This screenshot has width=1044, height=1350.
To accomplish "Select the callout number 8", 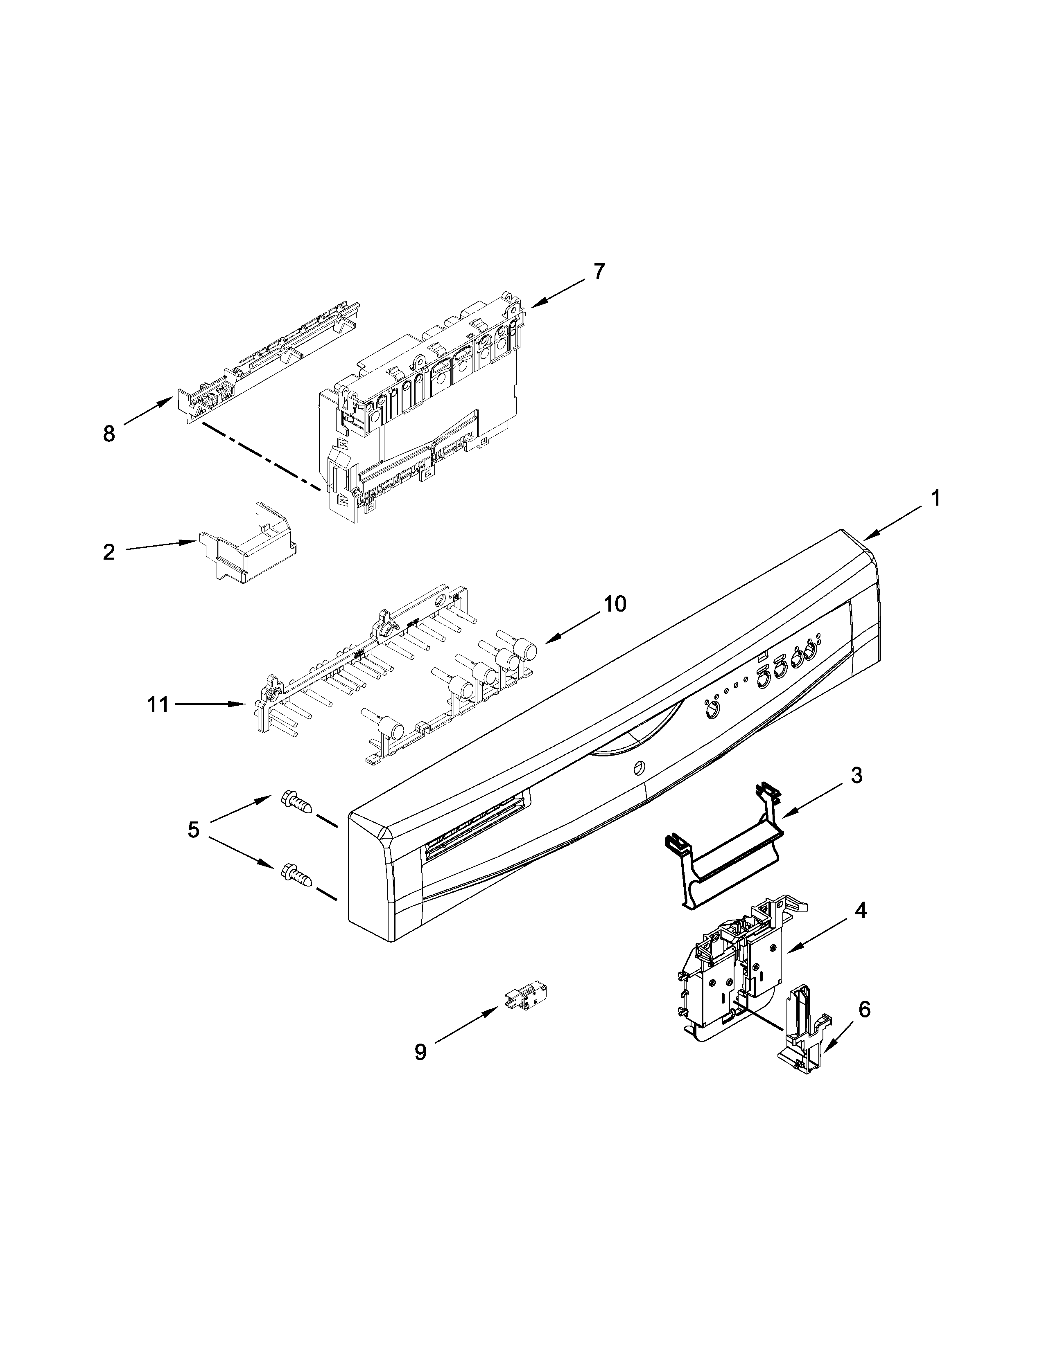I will pyautogui.click(x=109, y=434).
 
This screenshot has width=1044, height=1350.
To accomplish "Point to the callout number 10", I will pyautogui.click(x=614, y=603).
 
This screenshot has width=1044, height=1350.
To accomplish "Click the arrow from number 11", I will pyautogui.click(x=210, y=704).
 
